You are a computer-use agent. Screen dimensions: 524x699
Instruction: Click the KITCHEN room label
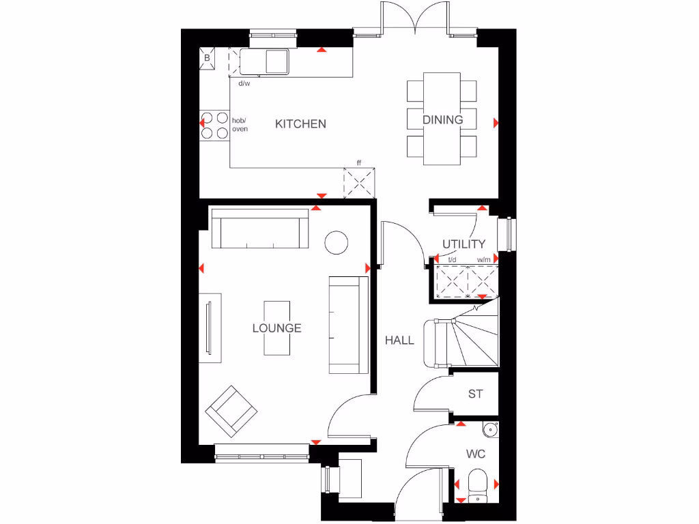300,123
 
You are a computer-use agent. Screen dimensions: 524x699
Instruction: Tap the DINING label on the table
442,119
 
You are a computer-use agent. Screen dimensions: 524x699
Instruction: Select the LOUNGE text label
276,328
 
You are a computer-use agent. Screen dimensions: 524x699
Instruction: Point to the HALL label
399,340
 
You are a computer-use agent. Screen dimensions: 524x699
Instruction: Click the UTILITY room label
463,244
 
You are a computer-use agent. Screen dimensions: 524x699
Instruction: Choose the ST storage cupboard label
475,394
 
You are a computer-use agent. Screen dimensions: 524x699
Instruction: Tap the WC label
475,454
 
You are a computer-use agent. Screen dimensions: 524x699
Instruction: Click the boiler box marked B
208,59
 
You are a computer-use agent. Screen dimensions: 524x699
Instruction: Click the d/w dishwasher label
244,84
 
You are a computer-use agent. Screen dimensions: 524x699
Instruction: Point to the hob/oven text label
240,124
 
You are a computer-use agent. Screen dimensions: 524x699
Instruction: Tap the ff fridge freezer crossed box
360,184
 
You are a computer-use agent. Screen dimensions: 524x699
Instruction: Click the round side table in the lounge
337,242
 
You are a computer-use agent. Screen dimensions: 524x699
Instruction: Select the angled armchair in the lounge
231,411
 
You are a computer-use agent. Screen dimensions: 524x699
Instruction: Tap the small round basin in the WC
489,430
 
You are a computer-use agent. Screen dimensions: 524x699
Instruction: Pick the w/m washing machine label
483,260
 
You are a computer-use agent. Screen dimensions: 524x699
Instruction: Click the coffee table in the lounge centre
277,328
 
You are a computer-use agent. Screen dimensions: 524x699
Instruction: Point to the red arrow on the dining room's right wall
496,123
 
